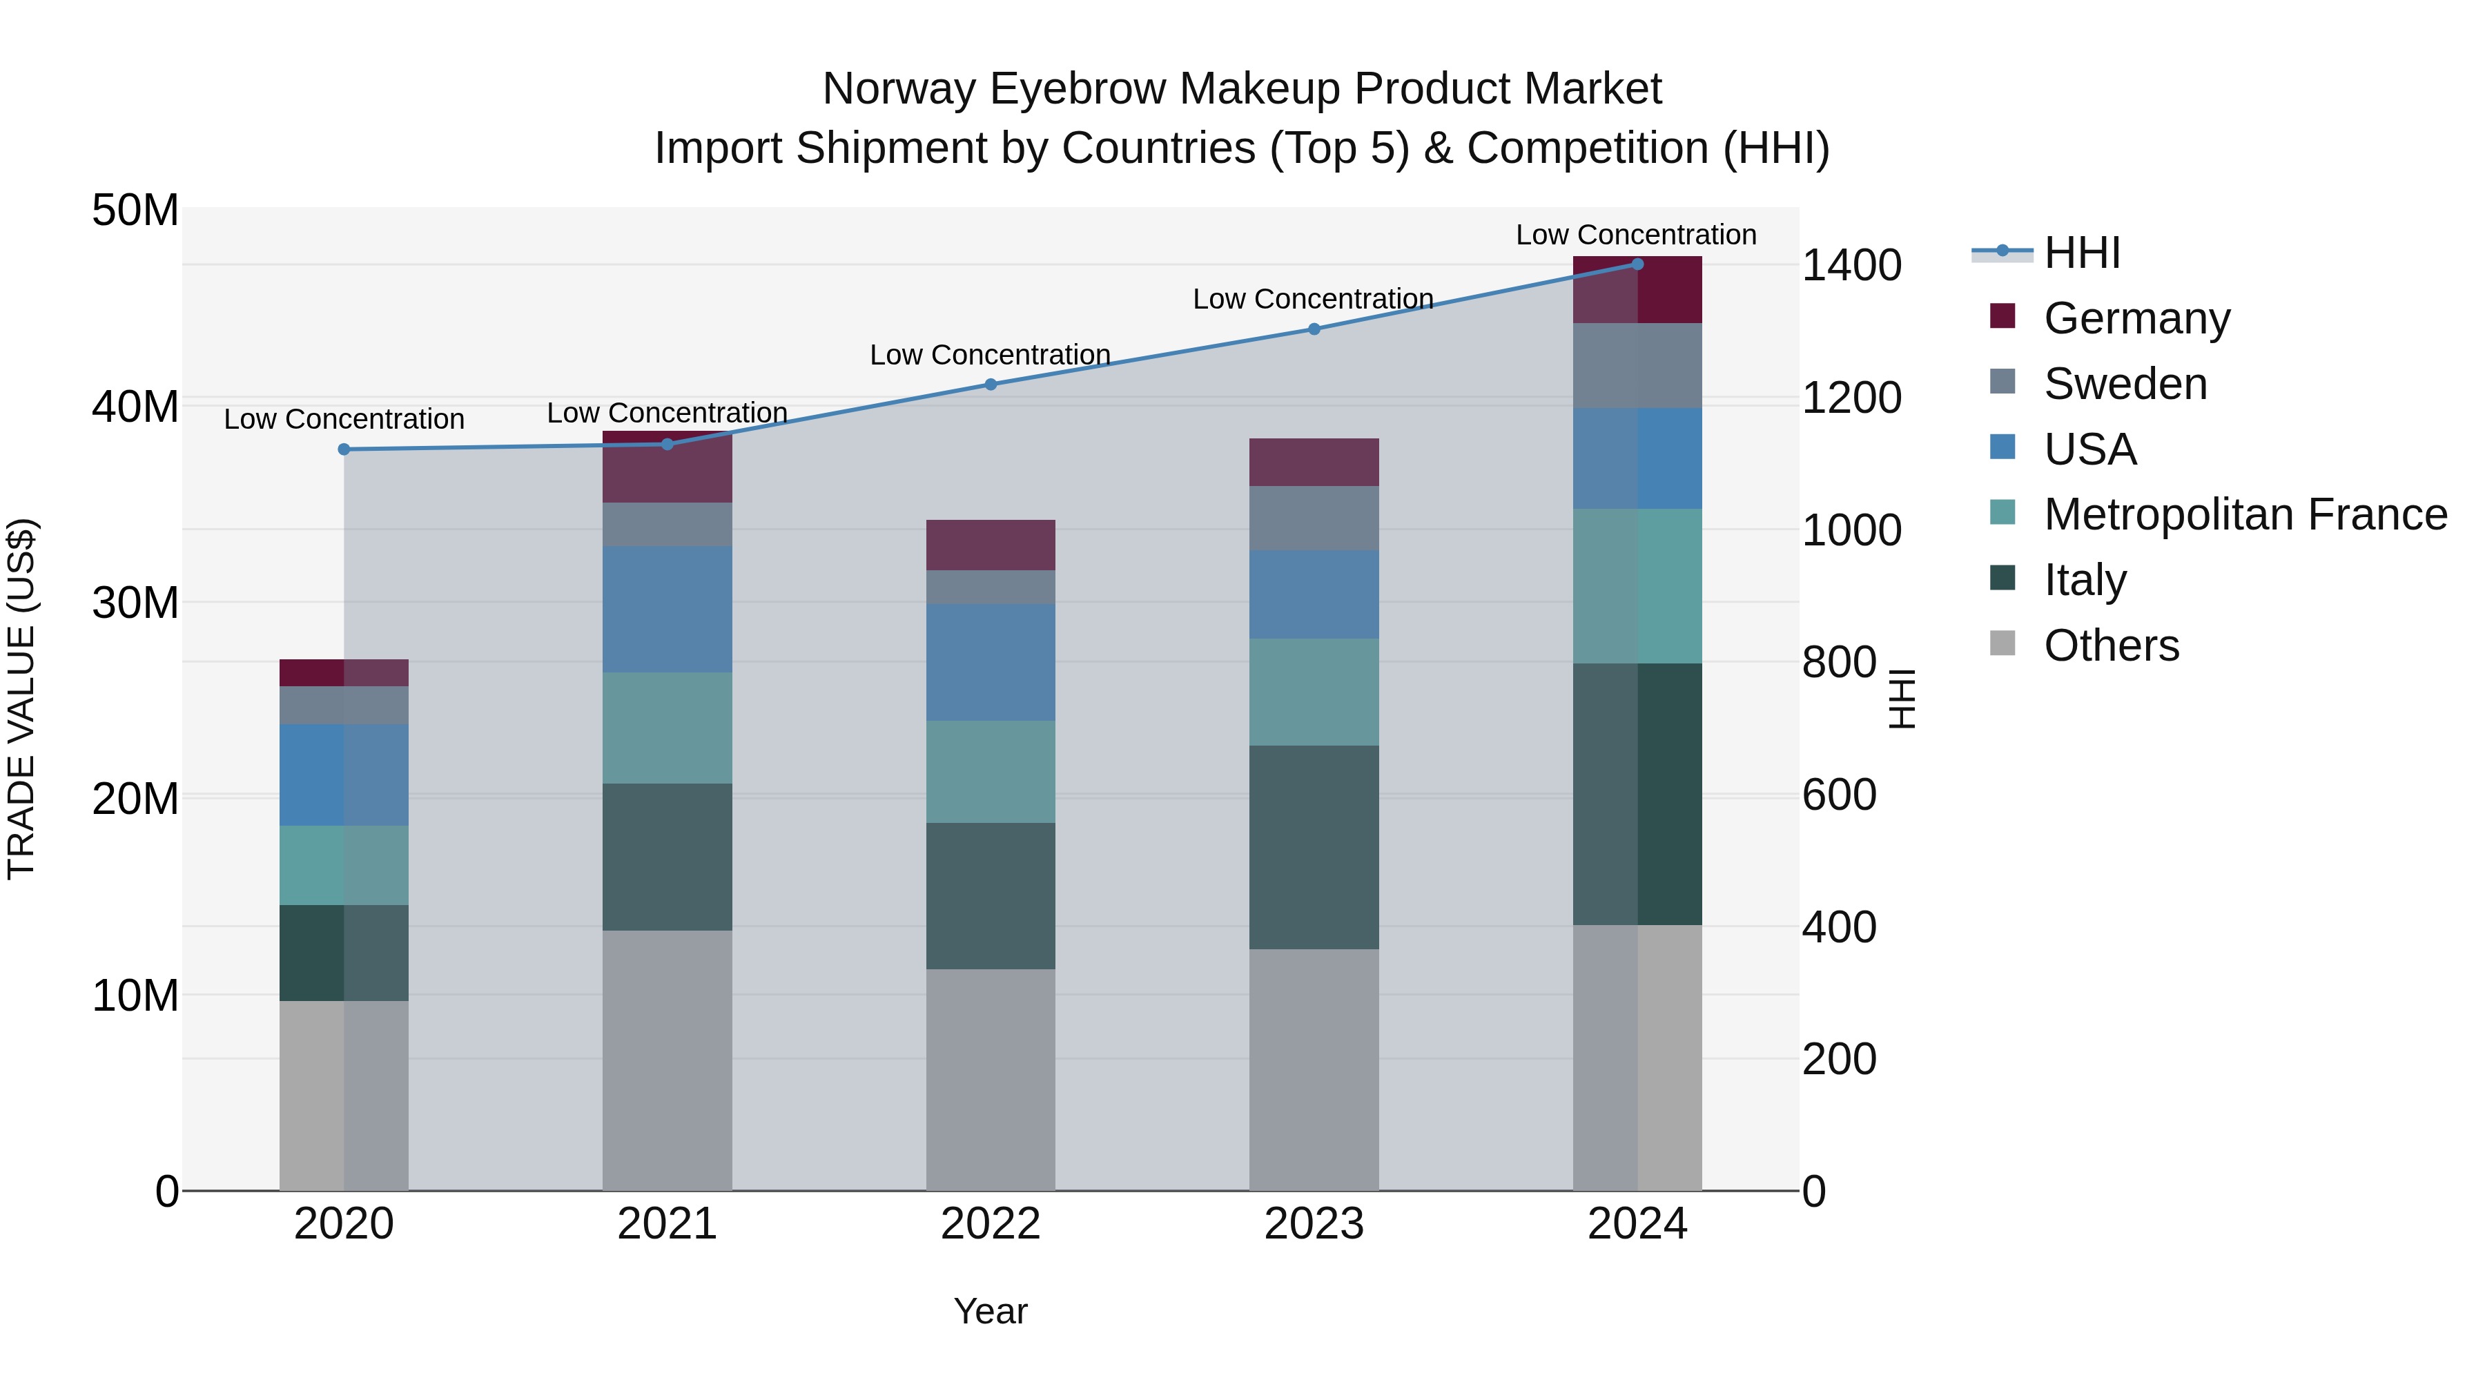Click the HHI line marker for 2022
click(x=991, y=384)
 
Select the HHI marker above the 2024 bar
click(x=1637, y=264)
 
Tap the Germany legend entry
click(x=2136, y=318)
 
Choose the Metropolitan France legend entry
click(x=2244, y=514)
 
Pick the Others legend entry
click(x=2111, y=645)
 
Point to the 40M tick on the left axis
click(x=135, y=406)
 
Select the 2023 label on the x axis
click(x=1314, y=1224)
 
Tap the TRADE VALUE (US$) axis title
click(x=22, y=699)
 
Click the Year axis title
click(x=991, y=1311)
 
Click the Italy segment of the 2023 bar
click(x=1314, y=847)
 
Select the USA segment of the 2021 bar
click(x=667, y=609)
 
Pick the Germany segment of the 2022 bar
click(x=991, y=545)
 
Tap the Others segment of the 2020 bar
click(x=344, y=1095)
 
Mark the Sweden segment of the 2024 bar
click(x=1637, y=366)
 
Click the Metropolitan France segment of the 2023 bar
click(x=1314, y=692)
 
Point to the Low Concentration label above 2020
click(x=344, y=420)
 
